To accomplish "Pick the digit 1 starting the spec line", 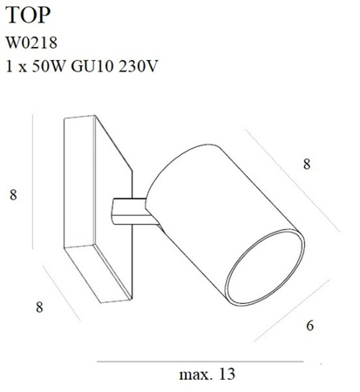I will (10, 66).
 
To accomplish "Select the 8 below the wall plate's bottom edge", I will (39, 306).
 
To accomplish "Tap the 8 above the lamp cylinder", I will (306, 163).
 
